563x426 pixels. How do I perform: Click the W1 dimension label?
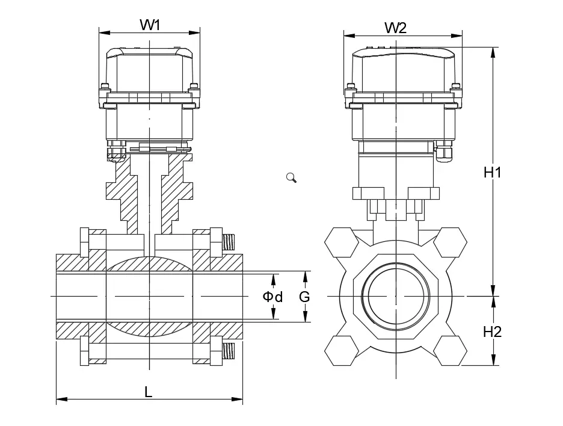150,25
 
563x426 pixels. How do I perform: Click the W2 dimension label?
395,28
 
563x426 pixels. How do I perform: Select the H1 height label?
493,172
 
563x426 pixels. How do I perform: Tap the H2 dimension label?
493,331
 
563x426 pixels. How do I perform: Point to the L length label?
148,392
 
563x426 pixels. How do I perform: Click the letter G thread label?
304,297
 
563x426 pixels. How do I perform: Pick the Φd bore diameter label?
272,297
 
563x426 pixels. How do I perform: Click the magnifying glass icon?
292,177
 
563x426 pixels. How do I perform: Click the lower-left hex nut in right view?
340,350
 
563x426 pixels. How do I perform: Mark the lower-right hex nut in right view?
450,350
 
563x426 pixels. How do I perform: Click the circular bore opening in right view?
395,296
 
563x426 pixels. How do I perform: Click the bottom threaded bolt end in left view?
229,351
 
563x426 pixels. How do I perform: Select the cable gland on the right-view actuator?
444,152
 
